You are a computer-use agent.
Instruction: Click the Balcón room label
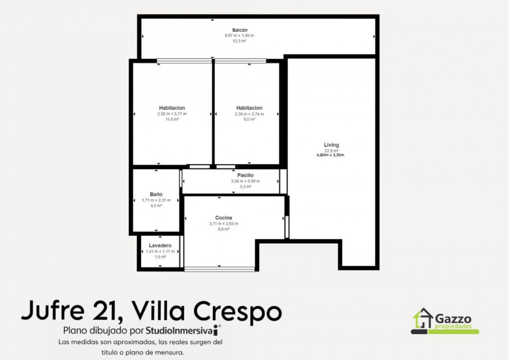click(240, 30)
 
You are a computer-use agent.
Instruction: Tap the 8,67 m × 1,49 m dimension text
click(239, 36)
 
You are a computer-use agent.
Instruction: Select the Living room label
click(331, 145)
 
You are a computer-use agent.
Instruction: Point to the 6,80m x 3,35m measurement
click(330, 155)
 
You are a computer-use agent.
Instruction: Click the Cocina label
click(223, 218)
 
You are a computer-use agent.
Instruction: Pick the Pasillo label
click(245, 175)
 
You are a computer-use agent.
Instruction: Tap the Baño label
click(156, 194)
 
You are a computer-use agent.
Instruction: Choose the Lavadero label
click(160, 246)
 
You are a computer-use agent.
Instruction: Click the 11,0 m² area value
click(172, 119)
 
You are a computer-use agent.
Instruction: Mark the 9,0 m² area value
click(249, 119)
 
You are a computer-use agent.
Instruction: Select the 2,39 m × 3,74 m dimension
click(249, 114)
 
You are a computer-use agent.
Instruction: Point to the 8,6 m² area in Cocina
click(223, 229)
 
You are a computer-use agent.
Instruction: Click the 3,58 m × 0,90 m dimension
click(245, 181)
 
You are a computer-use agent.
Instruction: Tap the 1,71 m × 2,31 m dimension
click(156, 200)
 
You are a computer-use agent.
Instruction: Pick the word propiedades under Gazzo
click(453, 326)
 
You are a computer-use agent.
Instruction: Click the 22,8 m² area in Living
click(331, 151)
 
